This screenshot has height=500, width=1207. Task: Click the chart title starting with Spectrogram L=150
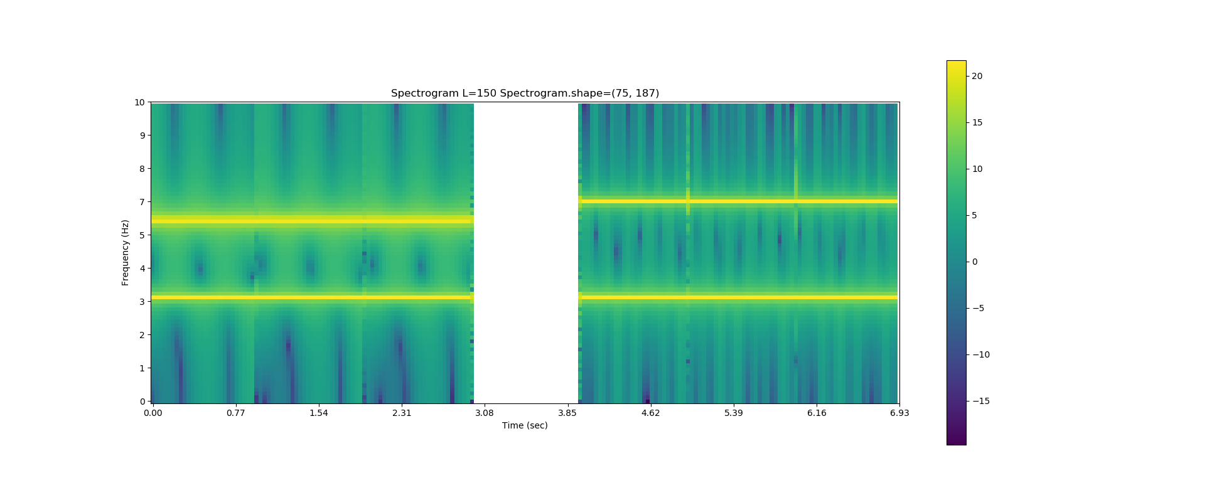pos(525,93)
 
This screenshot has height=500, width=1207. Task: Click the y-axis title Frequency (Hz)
pos(126,252)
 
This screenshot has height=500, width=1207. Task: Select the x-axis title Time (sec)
pos(525,425)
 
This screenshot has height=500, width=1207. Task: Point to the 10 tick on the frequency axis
pos(139,102)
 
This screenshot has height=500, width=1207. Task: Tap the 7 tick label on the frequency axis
pos(142,202)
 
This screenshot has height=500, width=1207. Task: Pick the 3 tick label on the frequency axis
pos(142,302)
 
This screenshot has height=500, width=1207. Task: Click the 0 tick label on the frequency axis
pos(142,402)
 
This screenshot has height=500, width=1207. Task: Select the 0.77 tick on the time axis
pos(235,413)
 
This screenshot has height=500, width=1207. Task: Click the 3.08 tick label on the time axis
pos(484,413)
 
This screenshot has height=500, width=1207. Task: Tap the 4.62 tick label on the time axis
pos(650,413)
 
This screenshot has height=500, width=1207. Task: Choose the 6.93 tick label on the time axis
pos(899,413)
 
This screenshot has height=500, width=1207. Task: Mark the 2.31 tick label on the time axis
pos(402,413)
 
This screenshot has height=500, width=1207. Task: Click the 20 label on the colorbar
pos(977,76)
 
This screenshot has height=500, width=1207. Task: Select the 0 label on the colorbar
pos(975,262)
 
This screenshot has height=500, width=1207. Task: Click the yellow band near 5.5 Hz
pos(312,220)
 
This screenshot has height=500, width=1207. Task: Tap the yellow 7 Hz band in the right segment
pos(741,201)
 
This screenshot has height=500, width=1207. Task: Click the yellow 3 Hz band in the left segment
pos(312,297)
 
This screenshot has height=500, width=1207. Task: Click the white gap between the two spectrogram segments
pos(525,251)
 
